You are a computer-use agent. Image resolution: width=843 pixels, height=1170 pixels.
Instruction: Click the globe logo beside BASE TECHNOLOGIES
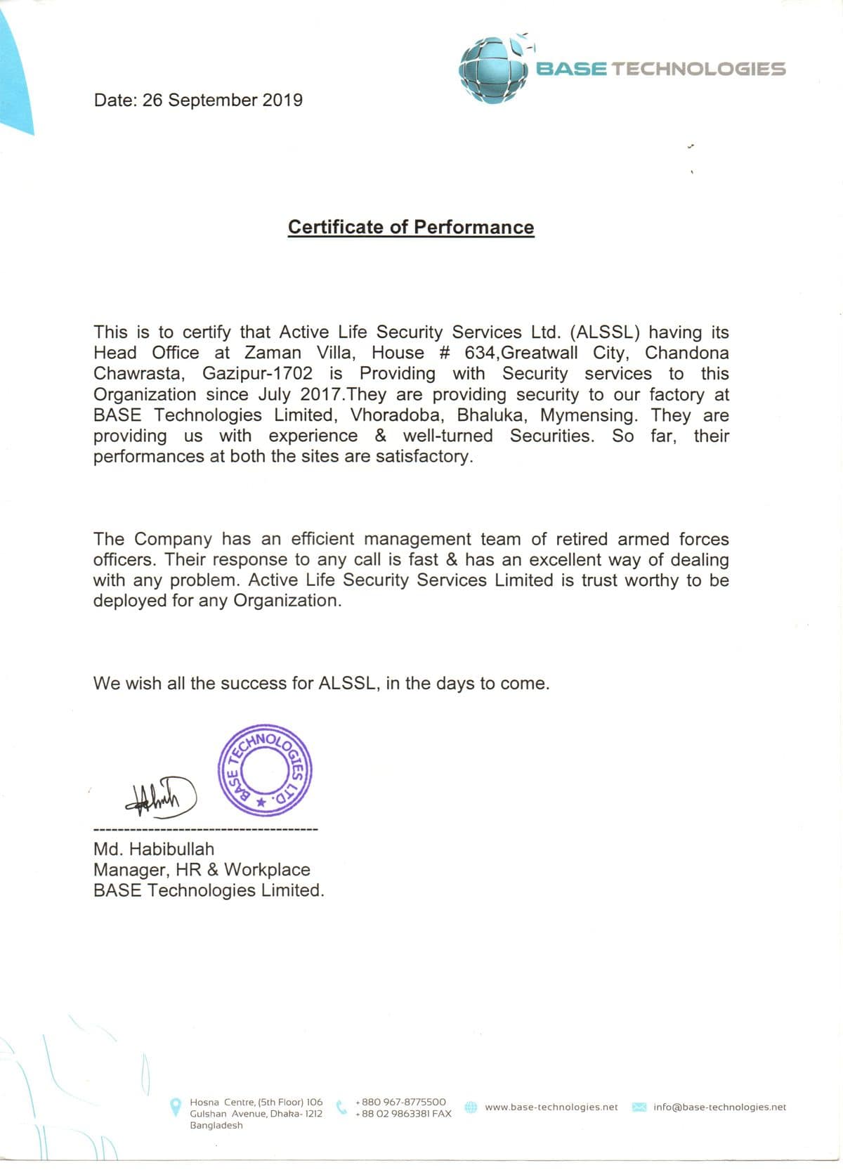click(x=493, y=70)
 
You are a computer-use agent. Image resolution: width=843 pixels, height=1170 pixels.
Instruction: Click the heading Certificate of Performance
click(x=411, y=227)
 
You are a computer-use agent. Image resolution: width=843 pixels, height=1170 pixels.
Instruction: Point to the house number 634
click(x=480, y=353)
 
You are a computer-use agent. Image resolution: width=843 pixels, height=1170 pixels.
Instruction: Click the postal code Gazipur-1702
click(x=257, y=373)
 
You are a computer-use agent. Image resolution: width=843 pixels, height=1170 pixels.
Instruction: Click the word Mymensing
click(x=589, y=415)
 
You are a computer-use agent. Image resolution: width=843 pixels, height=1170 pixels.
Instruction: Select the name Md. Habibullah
click(x=154, y=849)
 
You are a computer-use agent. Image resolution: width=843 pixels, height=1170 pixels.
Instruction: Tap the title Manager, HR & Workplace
click(x=202, y=869)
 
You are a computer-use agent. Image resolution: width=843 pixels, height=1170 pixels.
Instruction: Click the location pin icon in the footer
click(x=176, y=1107)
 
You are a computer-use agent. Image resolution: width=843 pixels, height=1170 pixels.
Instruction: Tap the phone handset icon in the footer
click(x=342, y=1107)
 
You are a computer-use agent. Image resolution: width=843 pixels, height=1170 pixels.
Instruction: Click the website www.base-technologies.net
click(x=551, y=1107)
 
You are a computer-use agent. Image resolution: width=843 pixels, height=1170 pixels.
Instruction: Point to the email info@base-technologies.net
click(x=719, y=1107)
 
